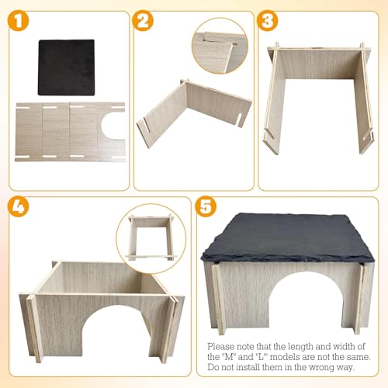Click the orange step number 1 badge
tap(18, 21)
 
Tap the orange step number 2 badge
tap(143, 21)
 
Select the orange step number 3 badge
tap(268, 21)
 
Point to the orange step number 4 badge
tap(18, 206)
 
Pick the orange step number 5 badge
tap(206, 206)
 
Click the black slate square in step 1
tap(67, 68)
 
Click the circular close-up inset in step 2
tap(220, 46)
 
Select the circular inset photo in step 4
tap(151, 238)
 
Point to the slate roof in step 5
tap(288, 237)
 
